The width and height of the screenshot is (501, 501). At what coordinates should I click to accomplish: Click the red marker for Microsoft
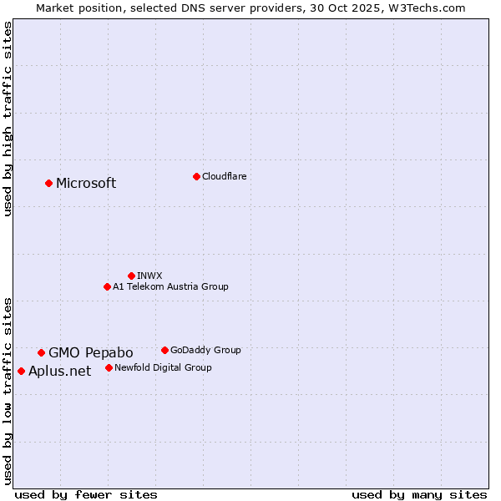48,183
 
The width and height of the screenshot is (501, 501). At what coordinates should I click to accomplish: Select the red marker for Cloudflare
196,176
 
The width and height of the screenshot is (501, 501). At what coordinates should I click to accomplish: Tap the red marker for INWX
131,276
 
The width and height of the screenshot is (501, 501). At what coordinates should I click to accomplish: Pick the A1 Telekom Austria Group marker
107,286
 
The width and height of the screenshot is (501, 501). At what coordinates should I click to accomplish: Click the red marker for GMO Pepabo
41,352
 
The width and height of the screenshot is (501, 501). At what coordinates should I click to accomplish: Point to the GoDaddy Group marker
164,350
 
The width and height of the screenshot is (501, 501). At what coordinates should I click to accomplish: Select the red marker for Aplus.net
21,371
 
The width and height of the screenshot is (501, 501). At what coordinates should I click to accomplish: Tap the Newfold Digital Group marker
109,367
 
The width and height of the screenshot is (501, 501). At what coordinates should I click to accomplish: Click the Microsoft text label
86,184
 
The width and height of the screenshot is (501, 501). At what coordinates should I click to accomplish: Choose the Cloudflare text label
224,176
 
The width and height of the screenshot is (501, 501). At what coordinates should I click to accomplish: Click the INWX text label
149,276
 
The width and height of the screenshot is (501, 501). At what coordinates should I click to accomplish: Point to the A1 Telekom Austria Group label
170,286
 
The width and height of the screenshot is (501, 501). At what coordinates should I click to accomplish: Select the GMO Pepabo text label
90,352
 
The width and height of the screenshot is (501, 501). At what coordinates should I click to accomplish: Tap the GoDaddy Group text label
205,350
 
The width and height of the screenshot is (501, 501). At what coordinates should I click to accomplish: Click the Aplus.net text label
59,372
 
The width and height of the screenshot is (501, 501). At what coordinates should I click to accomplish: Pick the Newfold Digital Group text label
163,367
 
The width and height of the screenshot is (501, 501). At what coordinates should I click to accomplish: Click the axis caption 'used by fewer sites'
86,494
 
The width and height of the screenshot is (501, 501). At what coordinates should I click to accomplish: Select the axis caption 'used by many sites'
419,494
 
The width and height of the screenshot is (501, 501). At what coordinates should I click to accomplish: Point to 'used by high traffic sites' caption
8,119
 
